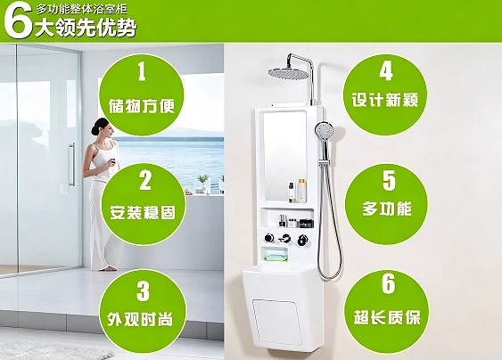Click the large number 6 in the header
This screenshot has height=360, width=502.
coord(18,20)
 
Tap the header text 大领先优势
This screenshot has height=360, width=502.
coord(86,28)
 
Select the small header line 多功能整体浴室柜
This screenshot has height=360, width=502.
coord(82,9)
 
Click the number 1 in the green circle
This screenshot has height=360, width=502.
coord(142,71)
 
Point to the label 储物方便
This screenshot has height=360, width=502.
coord(142,105)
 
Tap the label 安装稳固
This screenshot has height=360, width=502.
coord(143,212)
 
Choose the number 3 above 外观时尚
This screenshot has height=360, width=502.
coord(143,290)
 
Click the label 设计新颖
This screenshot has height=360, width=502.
coord(385,100)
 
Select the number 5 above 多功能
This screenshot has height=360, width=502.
coord(389,181)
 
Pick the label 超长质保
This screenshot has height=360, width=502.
coord(387,317)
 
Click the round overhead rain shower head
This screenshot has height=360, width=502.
coord(289,74)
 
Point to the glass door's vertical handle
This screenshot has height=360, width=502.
coord(72,165)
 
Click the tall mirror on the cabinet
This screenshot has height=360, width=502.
coord(285,156)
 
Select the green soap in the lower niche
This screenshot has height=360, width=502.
coord(276,257)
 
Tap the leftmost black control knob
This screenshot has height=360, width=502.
coord(269,238)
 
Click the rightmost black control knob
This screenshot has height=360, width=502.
coord(302,240)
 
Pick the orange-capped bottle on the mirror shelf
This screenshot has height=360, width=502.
coord(301,191)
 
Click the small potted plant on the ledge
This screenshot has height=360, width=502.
coord(203,183)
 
